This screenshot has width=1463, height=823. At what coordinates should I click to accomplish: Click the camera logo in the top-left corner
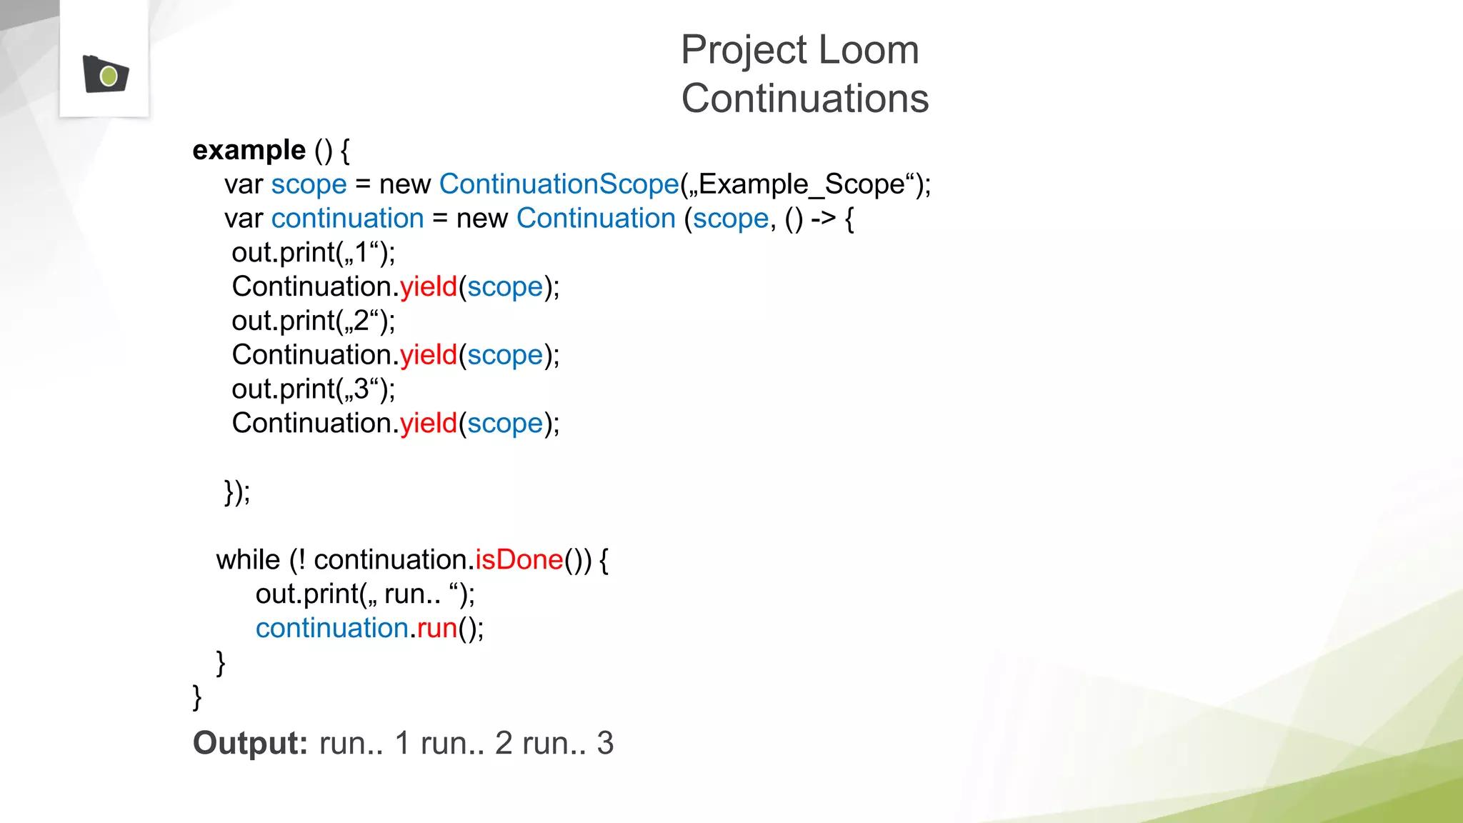106,74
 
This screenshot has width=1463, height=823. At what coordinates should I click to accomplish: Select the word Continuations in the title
804,99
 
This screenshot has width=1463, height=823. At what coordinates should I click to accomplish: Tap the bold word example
249,150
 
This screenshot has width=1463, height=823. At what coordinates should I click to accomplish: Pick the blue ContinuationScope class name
559,184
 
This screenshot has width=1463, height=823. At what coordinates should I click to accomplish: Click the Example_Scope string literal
802,184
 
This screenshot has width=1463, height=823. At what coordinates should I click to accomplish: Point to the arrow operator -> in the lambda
823,218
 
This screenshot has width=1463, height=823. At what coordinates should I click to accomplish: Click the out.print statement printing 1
313,252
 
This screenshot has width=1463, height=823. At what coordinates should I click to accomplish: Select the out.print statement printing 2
313,321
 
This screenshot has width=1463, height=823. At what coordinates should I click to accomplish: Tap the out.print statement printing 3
313,389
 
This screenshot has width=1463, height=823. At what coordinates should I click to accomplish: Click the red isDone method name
519,559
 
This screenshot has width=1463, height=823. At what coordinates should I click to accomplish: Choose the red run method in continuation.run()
437,628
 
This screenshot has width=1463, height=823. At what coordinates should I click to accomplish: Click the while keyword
248,559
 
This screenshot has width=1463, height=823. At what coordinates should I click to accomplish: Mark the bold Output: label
250,743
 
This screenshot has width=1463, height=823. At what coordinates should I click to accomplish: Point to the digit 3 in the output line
605,743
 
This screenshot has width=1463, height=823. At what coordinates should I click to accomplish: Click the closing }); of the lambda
237,492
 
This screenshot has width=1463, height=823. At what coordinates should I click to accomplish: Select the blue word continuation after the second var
348,219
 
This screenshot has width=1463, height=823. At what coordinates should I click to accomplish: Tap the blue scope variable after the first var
309,184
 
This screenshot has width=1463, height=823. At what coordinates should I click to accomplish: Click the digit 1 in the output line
402,743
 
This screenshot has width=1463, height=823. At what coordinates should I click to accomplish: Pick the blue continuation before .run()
331,628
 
